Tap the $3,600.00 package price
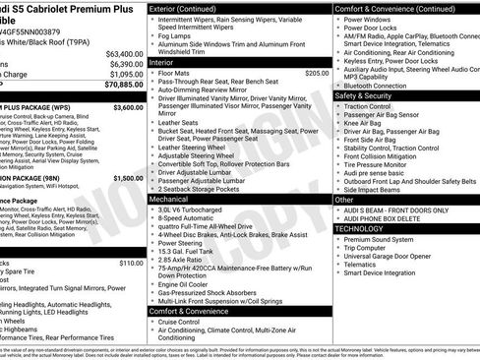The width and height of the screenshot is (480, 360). (128, 107)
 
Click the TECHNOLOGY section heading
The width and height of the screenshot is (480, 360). (365, 227)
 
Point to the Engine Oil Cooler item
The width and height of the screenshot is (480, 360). (190, 283)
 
